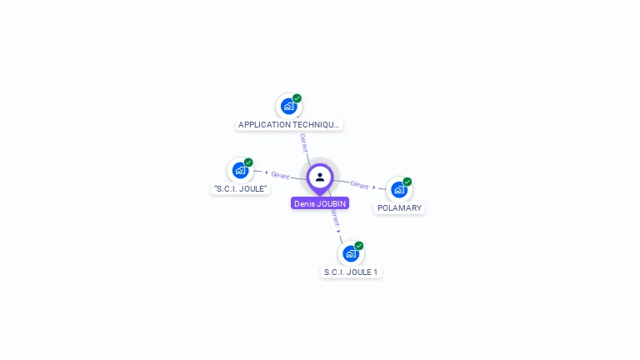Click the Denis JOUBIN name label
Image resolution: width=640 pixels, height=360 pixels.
tap(320, 203)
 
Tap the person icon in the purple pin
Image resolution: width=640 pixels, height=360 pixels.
tap(320, 177)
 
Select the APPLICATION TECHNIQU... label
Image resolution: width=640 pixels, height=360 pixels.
tap(288, 125)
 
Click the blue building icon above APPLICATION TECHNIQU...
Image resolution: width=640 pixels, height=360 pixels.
tap(288, 106)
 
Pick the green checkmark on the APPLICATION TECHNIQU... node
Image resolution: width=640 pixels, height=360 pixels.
tap(297, 98)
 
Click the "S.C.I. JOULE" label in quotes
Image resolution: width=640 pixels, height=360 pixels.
tap(240, 189)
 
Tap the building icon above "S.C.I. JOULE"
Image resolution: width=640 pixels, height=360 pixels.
tap(240, 170)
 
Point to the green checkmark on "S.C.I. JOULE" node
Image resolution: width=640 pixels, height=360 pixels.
tap(248, 162)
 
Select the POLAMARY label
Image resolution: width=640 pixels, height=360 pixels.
tap(399, 208)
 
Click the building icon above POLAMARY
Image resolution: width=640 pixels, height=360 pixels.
tap(398, 189)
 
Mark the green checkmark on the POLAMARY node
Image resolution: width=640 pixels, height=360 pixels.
tap(407, 182)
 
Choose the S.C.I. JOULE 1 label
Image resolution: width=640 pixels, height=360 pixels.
tap(351, 272)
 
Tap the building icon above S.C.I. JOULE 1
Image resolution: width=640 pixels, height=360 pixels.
tap(351, 253)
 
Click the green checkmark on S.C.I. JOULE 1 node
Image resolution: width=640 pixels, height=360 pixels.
tap(359, 246)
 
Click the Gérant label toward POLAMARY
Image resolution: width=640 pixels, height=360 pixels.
tap(359, 185)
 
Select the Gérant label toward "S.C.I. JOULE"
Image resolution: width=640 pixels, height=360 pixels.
tap(280, 175)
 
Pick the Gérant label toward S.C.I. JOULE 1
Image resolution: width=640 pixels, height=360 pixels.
tap(335, 219)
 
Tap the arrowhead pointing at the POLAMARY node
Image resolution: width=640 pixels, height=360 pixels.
tap(374, 187)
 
